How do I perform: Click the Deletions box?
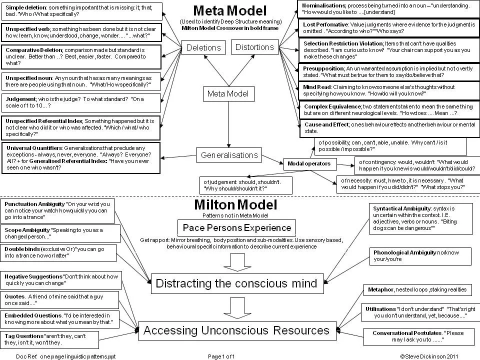click(203, 47)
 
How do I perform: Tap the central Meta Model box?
click(227, 93)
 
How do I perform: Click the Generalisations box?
click(229, 155)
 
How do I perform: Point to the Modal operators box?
click(309, 163)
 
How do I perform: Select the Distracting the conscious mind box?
click(236, 284)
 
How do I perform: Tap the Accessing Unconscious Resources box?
click(236, 330)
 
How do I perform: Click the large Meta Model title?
click(230, 10)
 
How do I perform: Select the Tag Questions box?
click(49, 339)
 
